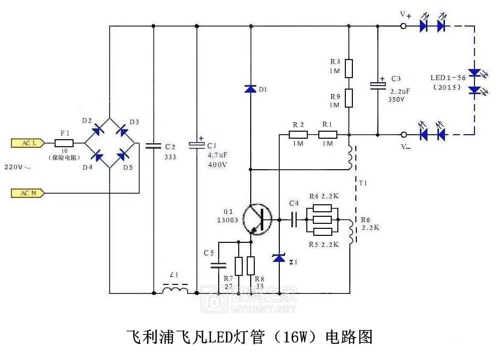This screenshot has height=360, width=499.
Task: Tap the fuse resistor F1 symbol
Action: (64, 143)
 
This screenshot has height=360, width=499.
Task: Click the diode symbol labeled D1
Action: (250, 89)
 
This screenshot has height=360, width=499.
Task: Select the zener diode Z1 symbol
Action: (278, 258)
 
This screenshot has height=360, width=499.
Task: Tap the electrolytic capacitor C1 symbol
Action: (196, 145)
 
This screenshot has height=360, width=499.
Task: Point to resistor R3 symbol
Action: (349, 68)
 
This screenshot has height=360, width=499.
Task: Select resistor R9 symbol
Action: (349, 98)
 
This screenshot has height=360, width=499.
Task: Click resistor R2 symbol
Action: (298, 135)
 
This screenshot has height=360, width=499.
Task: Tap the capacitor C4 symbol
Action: (293, 219)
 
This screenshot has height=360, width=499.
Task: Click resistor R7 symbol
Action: (239, 266)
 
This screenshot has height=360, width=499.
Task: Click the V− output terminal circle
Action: (403, 135)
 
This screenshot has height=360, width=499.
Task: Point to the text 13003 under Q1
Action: (228, 220)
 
